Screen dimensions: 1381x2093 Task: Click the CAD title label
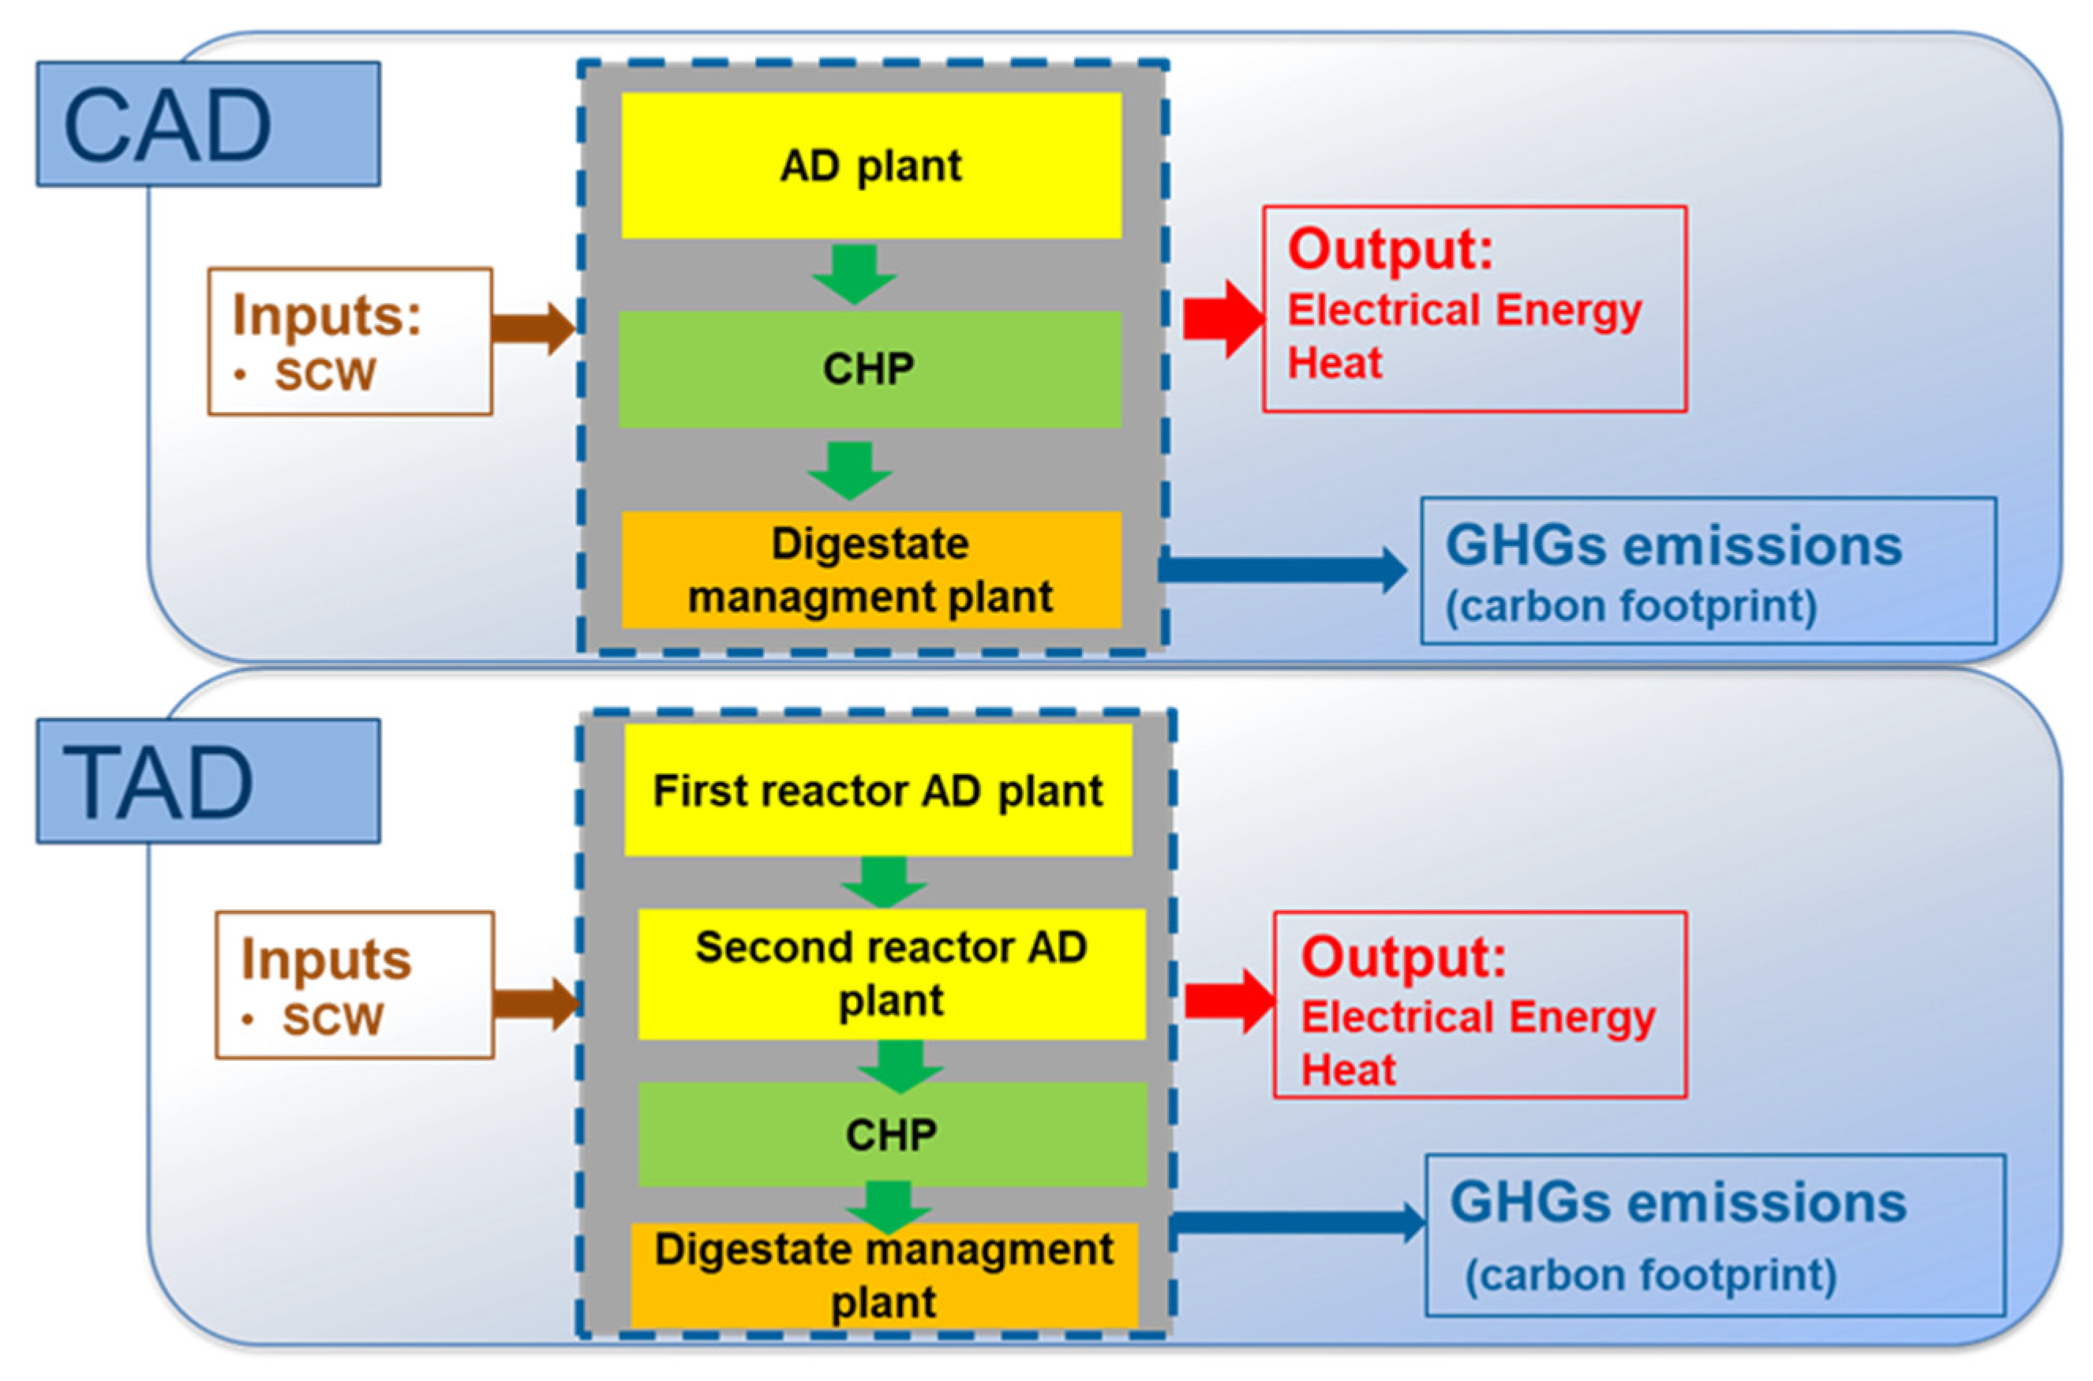click(x=208, y=123)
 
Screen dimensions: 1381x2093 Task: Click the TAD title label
click(x=208, y=780)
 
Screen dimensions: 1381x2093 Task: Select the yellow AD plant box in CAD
click(x=871, y=165)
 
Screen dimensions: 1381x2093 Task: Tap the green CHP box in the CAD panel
click(x=869, y=369)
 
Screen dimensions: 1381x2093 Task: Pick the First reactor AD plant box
click(x=878, y=790)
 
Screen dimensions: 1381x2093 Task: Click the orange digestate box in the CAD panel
click(x=871, y=570)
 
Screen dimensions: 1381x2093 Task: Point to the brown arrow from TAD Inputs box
click(x=536, y=1003)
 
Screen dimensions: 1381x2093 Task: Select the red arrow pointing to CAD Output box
click(x=1222, y=319)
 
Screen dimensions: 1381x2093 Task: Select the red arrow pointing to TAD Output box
click(x=1228, y=1001)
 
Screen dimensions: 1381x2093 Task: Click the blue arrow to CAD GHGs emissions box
click(x=1282, y=570)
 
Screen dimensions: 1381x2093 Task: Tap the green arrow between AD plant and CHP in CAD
click(x=854, y=274)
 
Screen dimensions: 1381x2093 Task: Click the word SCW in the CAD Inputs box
click(x=325, y=375)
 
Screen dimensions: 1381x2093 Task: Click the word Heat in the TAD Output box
click(x=1348, y=1070)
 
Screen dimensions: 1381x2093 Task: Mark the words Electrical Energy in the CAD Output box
click(x=1464, y=310)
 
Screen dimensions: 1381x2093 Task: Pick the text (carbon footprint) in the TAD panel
click(x=1650, y=1275)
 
